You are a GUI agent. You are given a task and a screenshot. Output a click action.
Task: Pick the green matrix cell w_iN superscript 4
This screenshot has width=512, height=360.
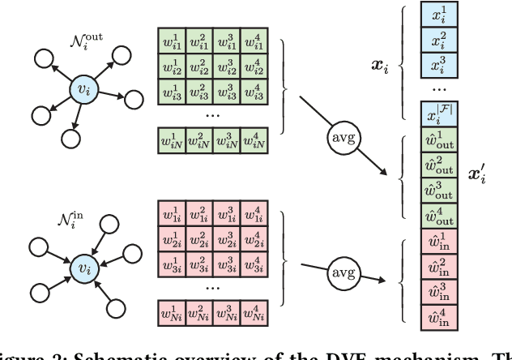[258, 143]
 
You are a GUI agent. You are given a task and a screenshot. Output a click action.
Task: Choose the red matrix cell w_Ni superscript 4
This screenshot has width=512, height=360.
[258, 312]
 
